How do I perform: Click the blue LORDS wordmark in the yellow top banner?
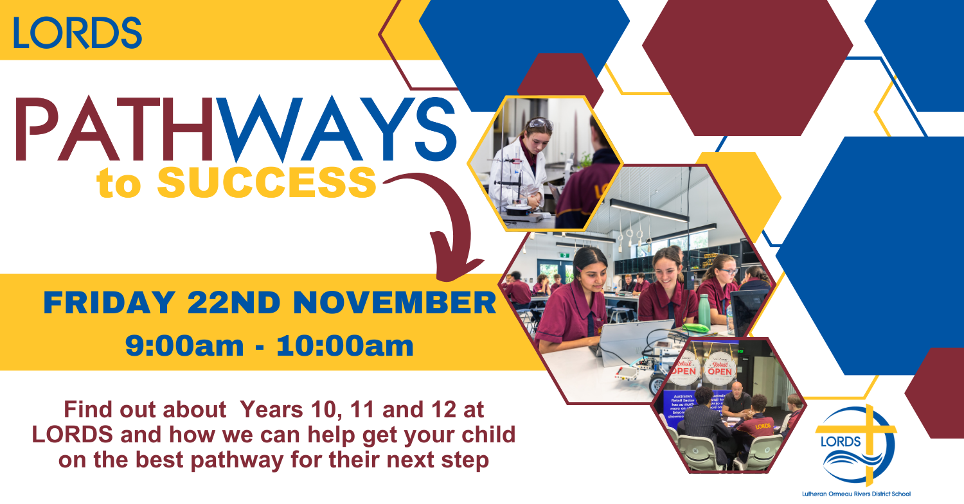(x=77, y=33)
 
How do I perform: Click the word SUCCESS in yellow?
(x=267, y=182)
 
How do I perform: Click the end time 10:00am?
(x=344, y=347)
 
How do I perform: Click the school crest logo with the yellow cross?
(x=855, y=444)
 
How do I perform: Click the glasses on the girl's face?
(x=728, y=272)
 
